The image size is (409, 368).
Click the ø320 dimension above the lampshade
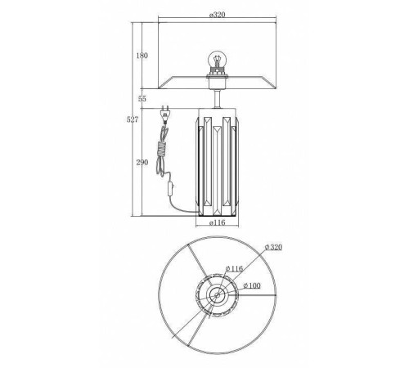[218, 15]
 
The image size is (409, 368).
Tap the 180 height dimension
[142, 56]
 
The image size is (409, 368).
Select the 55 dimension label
[142, 99]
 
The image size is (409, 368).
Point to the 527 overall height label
[133, 119]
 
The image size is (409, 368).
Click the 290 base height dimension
[142, 163]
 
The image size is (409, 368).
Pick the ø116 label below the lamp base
[218, 222]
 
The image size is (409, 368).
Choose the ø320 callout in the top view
[273, 248]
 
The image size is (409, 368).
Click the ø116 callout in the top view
[234, 268]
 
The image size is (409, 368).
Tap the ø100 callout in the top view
[252, 285]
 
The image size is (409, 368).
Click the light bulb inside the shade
[217, 60]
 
